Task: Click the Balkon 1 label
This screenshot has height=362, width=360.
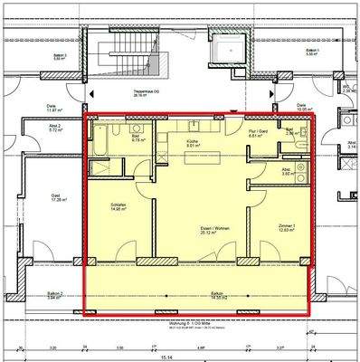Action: (191, 293)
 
